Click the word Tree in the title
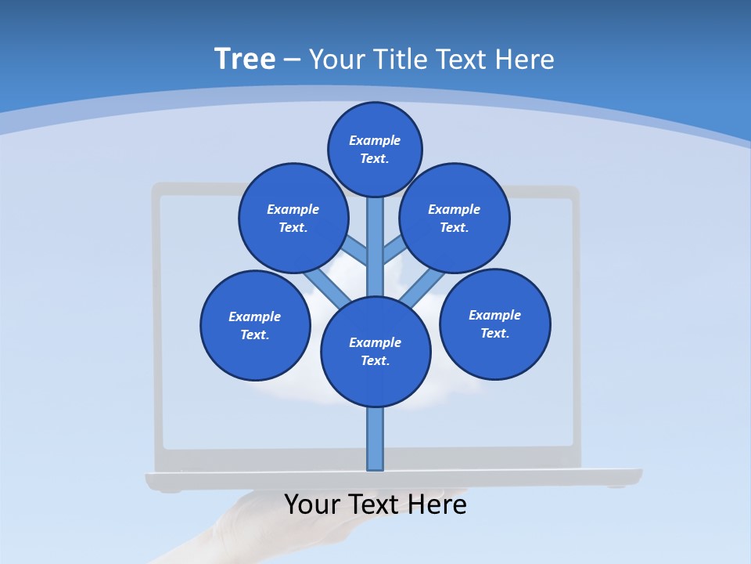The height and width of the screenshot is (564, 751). pyautogui.click(x=245, y=60)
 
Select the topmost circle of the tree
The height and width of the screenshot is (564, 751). pyautogui.click(x=375, y=149)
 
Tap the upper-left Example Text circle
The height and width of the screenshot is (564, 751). pyautogui.click(x=293, y=218)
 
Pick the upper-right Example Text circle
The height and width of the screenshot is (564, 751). pyautogui.click(x=455, y=218)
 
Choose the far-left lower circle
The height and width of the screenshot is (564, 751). pyautogui.click(x=255, y=325)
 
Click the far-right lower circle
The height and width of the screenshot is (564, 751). pyautogui.click(x=494, y=324)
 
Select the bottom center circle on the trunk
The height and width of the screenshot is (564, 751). pyautogui.click(x=375, y=352)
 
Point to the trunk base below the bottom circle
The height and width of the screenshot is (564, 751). pyautogui.click(x=375, y=439)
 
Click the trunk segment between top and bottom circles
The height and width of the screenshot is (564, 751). pyautogui.click(x=375, y=247)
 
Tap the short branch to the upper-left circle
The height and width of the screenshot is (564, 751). pyautogui.click(x=356, y=250)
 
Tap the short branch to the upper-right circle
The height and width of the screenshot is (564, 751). pyautogui.click(x=394, y=250)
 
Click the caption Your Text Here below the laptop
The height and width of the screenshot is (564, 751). pyautogui.click(x=375, y=504)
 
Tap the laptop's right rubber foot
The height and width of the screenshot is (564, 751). pyautogui.click(x=616, y=487)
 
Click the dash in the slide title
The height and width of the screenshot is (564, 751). pyautogui.click(x=292, y=60)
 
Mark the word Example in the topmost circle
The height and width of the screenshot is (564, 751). pyautogui.click(x=375, y=141)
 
